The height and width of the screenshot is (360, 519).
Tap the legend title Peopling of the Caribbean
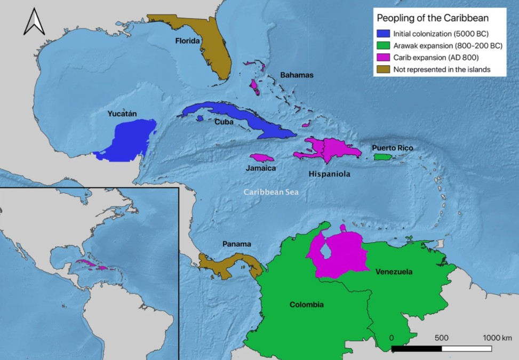[433, 18]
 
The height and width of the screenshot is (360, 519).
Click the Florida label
[188, 41]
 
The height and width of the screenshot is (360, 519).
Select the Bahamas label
[297, 75]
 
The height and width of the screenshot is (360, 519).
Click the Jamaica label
[261, 169]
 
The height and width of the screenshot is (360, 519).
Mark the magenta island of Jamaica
[261, 158]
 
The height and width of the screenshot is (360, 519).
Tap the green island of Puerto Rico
[381, 157]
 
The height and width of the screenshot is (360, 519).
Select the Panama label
[236, 244]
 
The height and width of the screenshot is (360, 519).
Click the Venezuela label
[394, 272]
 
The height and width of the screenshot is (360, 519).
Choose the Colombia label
[306, 305]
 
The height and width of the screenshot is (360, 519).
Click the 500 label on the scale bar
[441, 338]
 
